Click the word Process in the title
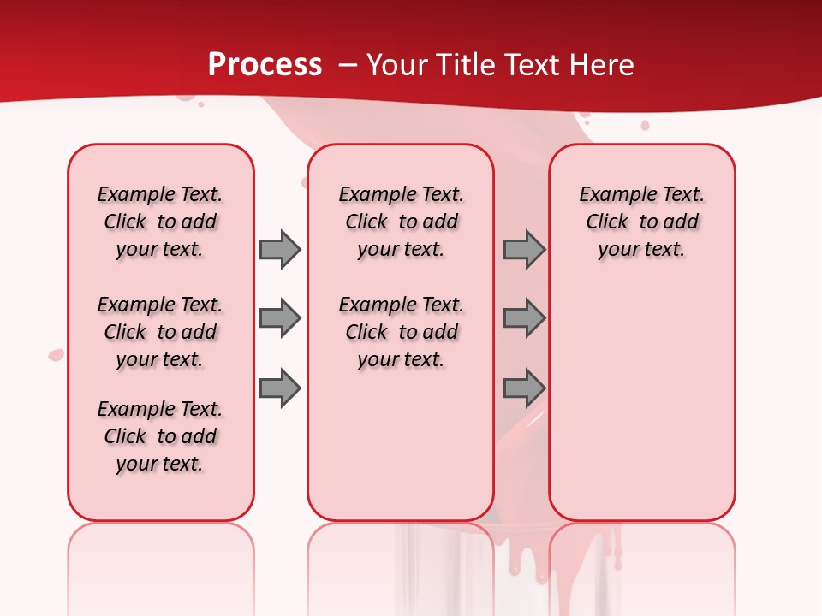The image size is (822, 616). click(x=265, y=64)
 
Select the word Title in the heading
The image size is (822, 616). click(x=464, y=64)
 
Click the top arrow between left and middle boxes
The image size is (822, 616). click(x=280, y=249)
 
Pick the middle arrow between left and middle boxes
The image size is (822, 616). click(x=280, y=318)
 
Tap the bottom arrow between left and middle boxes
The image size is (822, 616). click(x=280, y=388)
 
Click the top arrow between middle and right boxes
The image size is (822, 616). click(x=524, y=249)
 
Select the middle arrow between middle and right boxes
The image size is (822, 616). click(x=524, y=318)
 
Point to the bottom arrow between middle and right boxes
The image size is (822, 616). click(x=524, y=388)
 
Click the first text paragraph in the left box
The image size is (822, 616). click(x=160, y=222)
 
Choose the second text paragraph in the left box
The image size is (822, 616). click(x=160, y=332)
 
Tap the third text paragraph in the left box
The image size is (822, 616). click(x=160, y=436)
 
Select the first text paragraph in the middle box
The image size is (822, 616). click(x=401, y=222)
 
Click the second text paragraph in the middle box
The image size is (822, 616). click(x=401, y=332)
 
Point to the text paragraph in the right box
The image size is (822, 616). click(x=641, y=222)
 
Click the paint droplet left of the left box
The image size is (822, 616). click(x=57, y=354)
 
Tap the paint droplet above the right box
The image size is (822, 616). click(x=645, y=126)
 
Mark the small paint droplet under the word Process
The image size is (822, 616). click(x=201, y=104)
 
